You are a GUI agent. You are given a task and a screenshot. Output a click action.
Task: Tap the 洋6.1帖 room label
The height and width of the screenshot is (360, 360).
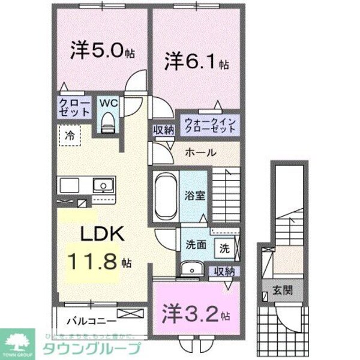coord(195,62)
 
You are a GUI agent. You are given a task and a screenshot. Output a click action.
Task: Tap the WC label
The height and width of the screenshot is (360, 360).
coord(108,103)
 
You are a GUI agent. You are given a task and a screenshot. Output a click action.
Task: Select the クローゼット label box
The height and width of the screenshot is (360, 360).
coord(74,108)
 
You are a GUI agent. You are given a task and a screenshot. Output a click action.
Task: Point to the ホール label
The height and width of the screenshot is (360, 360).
coord(200,152)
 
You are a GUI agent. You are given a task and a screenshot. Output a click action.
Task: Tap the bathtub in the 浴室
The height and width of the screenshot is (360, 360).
coord(164,196)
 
